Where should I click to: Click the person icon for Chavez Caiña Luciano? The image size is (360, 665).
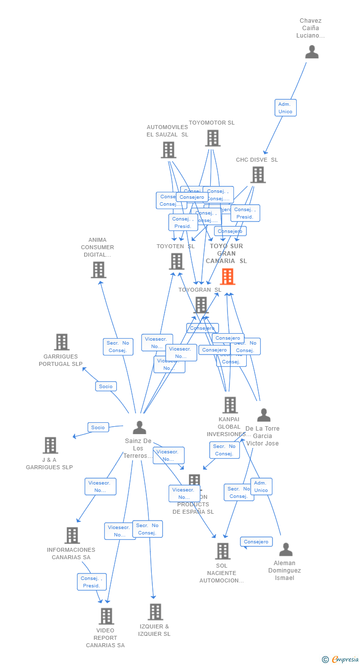312,52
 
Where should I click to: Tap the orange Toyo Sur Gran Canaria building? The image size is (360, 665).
227,276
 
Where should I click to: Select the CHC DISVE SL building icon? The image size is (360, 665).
258,175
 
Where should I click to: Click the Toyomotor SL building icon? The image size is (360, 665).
213,138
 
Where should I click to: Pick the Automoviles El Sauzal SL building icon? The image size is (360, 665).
168,150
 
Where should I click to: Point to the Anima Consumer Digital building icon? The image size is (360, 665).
98,270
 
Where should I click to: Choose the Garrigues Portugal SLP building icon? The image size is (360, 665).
62,342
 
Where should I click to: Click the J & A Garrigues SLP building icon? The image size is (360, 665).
50,445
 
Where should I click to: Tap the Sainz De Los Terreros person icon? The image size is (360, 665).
139,427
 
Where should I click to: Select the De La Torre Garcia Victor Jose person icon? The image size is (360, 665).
264,415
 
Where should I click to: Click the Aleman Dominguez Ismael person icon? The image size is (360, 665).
286,549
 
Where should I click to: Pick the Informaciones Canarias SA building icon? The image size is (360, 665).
72,535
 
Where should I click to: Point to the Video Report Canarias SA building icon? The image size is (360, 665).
106,616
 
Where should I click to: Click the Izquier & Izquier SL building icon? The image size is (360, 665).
155,612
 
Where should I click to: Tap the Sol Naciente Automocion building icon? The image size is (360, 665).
223,551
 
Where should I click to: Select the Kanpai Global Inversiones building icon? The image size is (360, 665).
229,405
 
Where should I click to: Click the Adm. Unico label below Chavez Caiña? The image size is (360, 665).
285,108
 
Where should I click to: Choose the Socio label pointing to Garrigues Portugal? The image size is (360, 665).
106,386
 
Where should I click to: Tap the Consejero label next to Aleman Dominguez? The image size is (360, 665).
256,542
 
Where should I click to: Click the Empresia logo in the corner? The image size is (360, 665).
341,659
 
